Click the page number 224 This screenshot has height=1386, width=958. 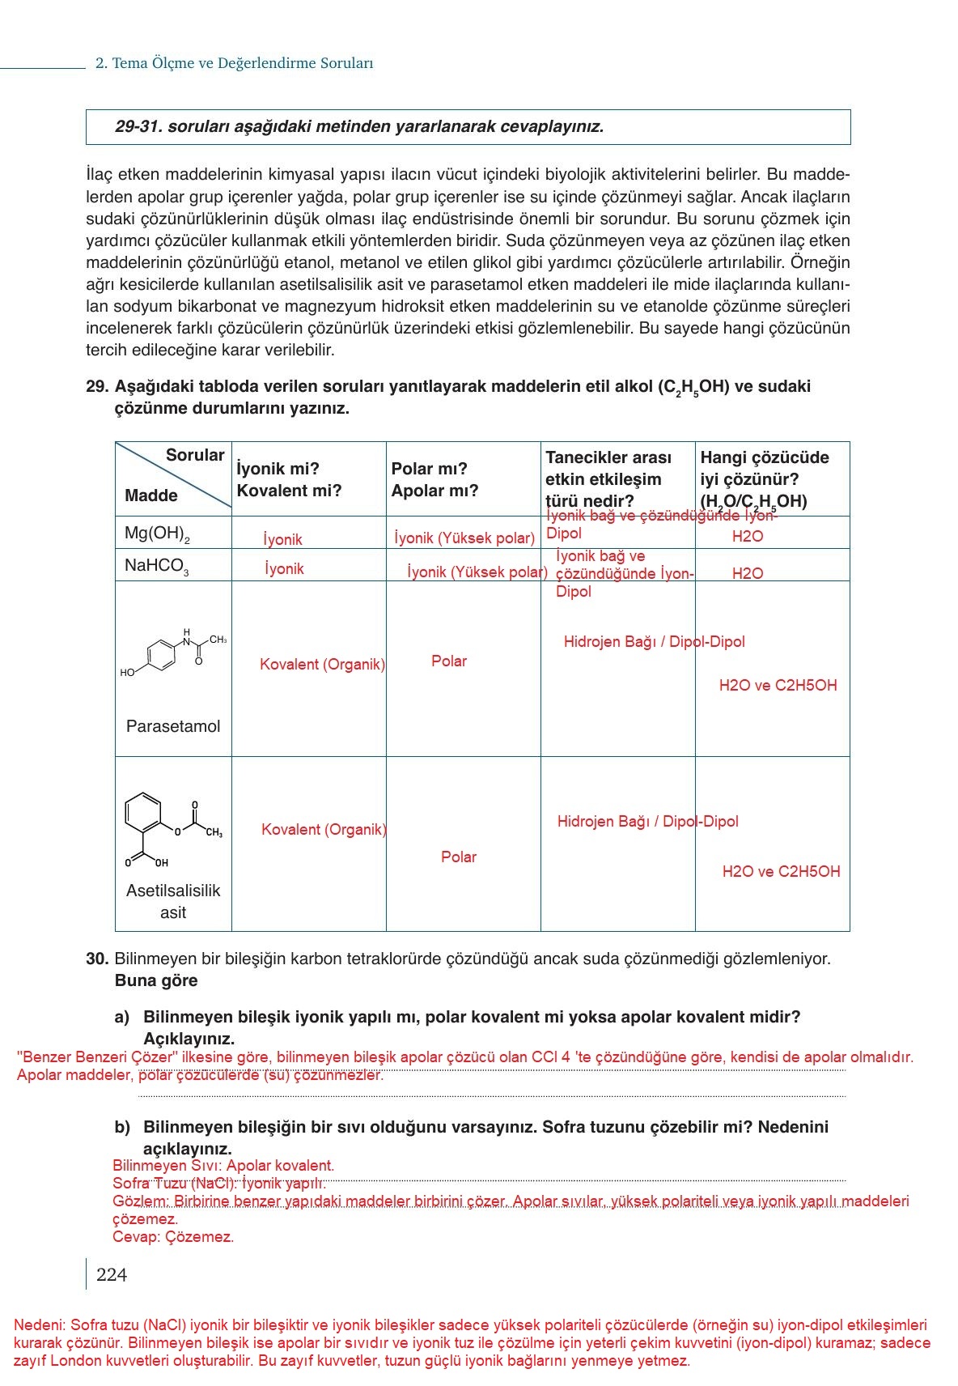pos(112,1275)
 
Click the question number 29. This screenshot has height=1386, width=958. pos(96,387)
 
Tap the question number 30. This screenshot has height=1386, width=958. pos(96,959)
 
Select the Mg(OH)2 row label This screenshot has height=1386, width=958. pos(157,534)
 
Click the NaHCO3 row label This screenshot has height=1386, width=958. pos(157,566)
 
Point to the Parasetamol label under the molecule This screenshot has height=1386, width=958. pos(173,726)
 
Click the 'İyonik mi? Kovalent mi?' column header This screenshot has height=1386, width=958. pos(289,479)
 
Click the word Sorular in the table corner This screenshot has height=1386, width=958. pos(195,455)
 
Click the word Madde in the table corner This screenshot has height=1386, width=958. pos(151,495)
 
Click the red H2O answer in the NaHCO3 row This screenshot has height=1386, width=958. pos(748,574)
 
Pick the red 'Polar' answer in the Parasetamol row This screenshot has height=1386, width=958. pos(449,661)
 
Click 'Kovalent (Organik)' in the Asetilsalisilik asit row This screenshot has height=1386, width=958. pos(324,830)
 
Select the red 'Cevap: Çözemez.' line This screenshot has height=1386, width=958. pos(173,1237)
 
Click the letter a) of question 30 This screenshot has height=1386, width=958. pos(122,1018)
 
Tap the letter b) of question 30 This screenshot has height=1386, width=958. pos(122,1128)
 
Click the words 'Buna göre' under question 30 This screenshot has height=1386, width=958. pos(156,981)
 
